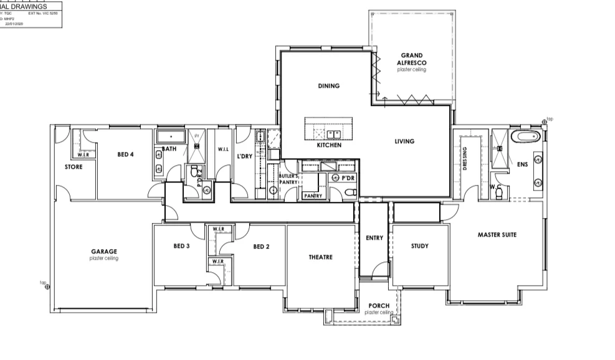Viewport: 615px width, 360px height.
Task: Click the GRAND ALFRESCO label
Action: click(411, 59)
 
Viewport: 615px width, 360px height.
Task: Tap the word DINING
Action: click(328, 86)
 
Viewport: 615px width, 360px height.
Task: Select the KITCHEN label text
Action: click(329, 145)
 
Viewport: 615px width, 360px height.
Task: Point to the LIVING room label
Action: click(404, 141)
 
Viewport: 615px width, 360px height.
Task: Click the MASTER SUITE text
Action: click(497, 235)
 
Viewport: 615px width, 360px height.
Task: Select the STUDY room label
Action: click(419, 246)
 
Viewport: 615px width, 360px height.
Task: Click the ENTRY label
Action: click(374, 238)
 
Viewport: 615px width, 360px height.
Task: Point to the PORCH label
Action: click(378, 306)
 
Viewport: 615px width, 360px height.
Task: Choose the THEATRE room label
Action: click(320, 257)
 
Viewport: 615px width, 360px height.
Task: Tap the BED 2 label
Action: click(261, 247)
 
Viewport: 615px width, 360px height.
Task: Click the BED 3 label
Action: click(181, 247)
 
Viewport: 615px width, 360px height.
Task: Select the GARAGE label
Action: click(103, 252)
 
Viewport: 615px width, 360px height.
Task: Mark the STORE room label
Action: click(74, 167)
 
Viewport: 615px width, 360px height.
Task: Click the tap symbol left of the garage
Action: click(47, 287)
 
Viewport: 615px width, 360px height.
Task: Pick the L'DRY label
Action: click(244, 156)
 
